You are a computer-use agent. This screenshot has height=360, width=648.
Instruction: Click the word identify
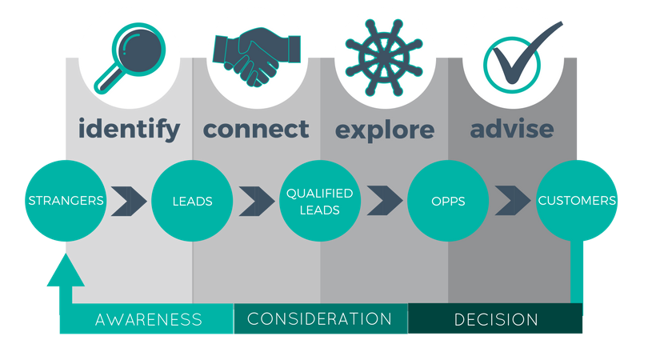coord(129,130)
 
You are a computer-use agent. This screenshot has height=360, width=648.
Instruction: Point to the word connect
coord(256,129)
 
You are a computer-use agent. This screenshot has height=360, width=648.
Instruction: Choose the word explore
coord(385,130)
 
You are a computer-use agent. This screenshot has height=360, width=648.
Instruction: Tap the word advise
coord(512,129)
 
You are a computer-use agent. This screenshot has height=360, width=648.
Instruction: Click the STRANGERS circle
coord(66,200)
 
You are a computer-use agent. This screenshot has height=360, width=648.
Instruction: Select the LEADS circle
coord(192,201)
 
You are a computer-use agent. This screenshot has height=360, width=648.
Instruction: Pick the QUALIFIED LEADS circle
coord(319,201)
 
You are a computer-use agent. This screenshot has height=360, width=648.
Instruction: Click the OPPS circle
coord(447,201)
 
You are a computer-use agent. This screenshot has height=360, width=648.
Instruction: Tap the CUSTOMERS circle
coord(577,200)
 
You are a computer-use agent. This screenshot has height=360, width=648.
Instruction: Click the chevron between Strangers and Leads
coord(129,201)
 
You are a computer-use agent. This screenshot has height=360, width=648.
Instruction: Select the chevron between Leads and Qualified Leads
coord(257,201)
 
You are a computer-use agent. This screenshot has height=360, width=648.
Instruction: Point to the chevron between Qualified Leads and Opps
coord(384,201)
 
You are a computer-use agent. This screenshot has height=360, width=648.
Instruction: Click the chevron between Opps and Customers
coord(512,201)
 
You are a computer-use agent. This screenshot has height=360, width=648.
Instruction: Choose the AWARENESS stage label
coord(149,320)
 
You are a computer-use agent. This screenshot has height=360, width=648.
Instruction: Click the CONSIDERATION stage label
coord(320,319)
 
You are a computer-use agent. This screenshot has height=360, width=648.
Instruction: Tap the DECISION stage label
coord(496,320)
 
